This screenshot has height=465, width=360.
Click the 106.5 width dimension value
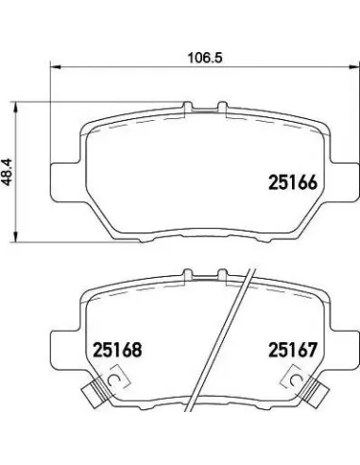tap(205, 58)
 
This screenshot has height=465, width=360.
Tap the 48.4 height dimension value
tap(7, 171)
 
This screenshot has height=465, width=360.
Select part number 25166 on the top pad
tap(292, 182)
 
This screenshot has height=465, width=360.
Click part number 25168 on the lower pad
tap(117, 350)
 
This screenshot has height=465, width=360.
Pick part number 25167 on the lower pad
tap(292, 350)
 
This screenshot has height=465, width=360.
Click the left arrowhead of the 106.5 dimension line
tap(55, 66)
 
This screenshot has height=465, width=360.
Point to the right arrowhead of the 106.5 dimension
tap(354, 66)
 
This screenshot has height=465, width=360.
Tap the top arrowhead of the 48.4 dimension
tap(14, 107)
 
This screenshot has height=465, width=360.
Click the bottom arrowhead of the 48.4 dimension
tap(14, 237)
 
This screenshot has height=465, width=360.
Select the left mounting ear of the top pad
tap(64, 181)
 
